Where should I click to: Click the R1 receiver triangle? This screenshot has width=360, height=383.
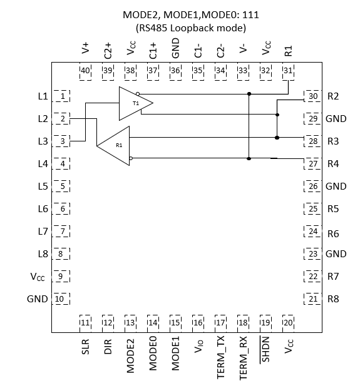[x=116, y=145]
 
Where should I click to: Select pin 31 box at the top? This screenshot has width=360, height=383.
[x=288, y=70]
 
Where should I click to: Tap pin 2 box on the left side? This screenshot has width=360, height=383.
[x=62, y=119]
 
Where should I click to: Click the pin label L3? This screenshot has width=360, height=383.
[x=43, y=141]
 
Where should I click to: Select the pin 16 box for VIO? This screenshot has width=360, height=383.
[x=198, y=322]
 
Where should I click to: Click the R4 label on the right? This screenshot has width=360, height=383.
[x=333, y=164]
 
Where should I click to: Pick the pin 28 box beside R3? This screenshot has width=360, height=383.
[x=312, y=141]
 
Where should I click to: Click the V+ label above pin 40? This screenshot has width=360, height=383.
[x=86, y=49]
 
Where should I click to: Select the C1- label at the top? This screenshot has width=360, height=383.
[x=198, y=49]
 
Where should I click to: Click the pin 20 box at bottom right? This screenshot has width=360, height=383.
[x=288, y=322]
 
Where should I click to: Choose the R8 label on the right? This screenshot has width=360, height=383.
[x=333, y=299]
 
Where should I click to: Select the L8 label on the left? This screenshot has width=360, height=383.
[x=43, y=254]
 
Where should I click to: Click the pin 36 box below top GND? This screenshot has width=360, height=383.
[x=175, y=70]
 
